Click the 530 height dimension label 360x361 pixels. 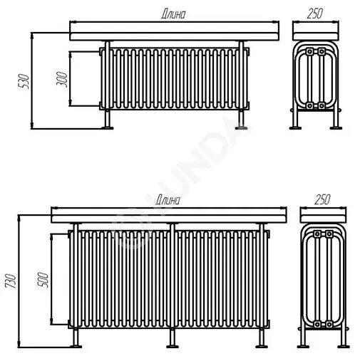[x=24, y=81]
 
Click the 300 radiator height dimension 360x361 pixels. [x=62, y=79]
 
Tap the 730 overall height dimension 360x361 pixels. [x=11, y=281]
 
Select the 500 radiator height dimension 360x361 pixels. [x=43, y=280]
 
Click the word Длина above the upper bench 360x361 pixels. [x=173, y=14]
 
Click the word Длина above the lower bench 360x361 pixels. [x=168, y=200]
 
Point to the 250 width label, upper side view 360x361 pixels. [x=315, y=14]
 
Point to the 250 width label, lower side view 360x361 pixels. [x=322, y=199]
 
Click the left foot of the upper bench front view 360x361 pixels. [x=108, y=128]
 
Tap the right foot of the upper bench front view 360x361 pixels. [x=241, y=128]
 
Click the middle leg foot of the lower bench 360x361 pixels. [x=173, y=347]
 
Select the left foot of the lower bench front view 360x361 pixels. [x=76, y=347]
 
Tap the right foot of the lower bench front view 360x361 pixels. [x=262, y=347]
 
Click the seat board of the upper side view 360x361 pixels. [x=316, y=31]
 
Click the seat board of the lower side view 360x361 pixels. [x=323, y=215]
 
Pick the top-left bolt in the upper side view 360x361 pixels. [x=309, y=51]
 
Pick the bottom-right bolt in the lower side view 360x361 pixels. [x=329, y=324]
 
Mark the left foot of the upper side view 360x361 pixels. [x=295, y=128]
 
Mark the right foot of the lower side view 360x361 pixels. [x=344, y=347]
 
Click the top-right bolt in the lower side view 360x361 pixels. [x=329, y=234]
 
